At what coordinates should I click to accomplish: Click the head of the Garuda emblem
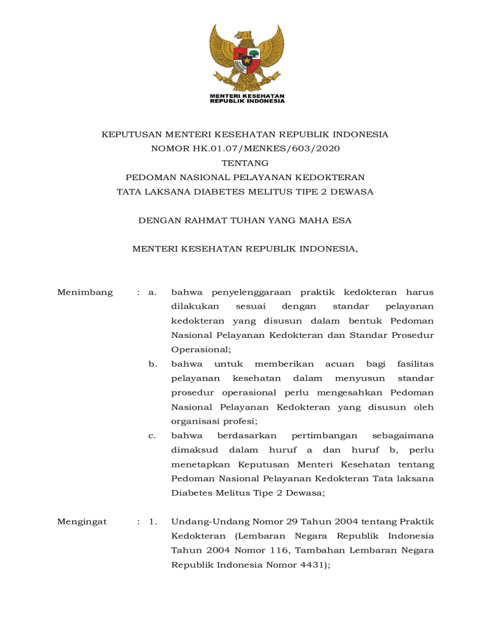pos(244,33)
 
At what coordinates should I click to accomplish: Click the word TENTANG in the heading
pos(245,163)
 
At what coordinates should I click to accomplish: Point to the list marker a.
pos(152,293)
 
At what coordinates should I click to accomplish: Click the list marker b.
pos(153,365)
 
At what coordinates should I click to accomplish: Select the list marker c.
pos(152,436)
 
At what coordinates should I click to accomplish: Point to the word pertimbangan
pos(323,436)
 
